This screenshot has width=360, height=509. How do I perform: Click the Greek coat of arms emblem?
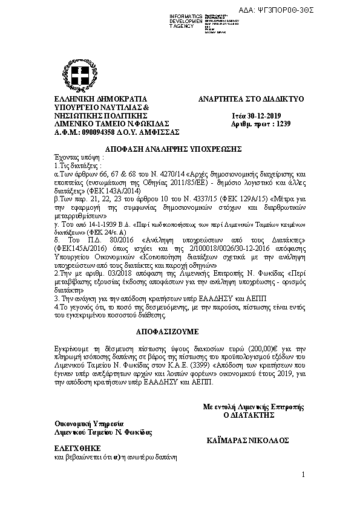pyautogui.click(x=81, y=76)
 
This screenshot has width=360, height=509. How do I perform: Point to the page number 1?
pyautogui.click(x=303, y=476)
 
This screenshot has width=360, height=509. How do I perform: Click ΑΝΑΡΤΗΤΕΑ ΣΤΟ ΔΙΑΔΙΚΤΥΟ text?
pyautogui.click(x=250, y=99)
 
